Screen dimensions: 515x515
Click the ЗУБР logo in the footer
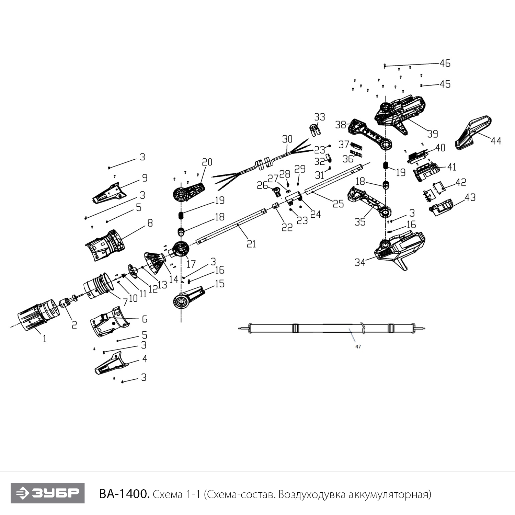pyautogui.click(x=47, y=493)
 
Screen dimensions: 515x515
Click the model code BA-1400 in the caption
pyautogui.click(x=124, y=494)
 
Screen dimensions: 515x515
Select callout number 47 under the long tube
pyautogui.click(x=358, y=347)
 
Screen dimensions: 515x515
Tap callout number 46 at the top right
pyautogui.click(x=445, y=63)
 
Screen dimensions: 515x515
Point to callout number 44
pyautogui.click(x=496, y=140)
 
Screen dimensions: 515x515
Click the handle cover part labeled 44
pyautogui.click(x=473, y=133)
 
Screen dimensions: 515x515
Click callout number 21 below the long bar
pyautogui.click(x=251, y=243)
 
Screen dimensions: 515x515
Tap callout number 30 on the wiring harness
pyautogui.click(x=287, y=139)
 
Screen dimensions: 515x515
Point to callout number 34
pyautogui.click(x=360, y=263)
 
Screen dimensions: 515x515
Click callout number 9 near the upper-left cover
pyautogui.click(x=145, y=178)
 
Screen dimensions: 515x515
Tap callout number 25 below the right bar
pyautogui.click(x=338, y=204)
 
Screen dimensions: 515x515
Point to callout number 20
pyautogui.click(x=207, y=162)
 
